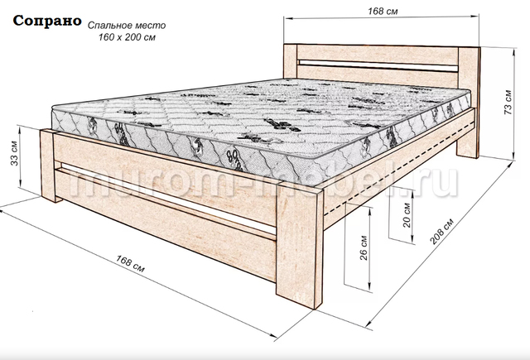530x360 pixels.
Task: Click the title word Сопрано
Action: tap(47, 21)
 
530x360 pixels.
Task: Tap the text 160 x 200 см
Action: tap(127, 37)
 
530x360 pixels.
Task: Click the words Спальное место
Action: tap(127, 26)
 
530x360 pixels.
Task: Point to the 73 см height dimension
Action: tap(508, 102)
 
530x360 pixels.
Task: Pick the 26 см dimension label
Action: tap(364, 247)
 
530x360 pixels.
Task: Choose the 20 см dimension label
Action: tap(407, 215)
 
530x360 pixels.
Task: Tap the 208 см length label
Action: tap(441, 232)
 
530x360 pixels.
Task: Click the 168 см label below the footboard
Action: tap(131, 263)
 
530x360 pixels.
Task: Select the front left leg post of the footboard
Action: tap(49, 166)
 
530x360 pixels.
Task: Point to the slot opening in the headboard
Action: tap(378, 65)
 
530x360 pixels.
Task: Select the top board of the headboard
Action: tap(378, 54)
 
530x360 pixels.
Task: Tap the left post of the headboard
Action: tap(291, 61)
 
